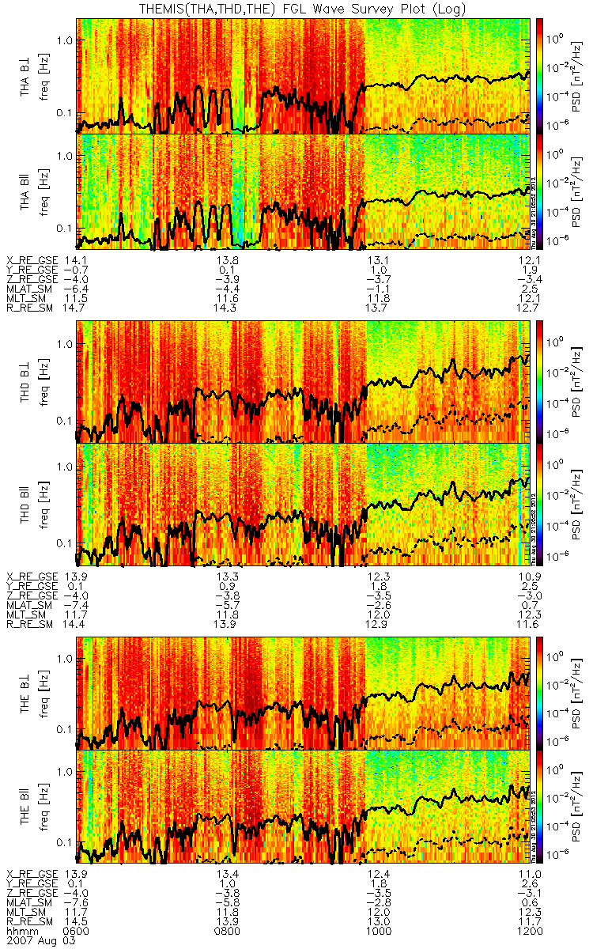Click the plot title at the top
(x=296, y=9)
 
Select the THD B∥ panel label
(x=27, y=505)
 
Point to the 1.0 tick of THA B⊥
(x=64, y=40)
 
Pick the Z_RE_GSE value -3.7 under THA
(x=363, y=278)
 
